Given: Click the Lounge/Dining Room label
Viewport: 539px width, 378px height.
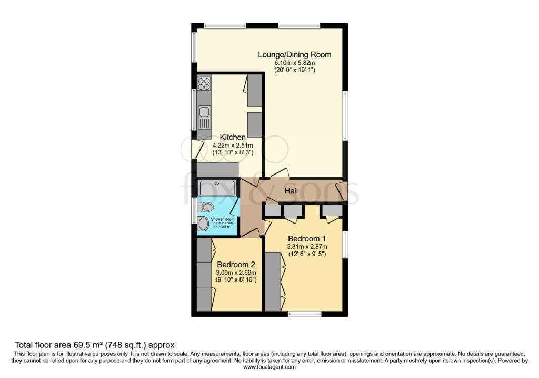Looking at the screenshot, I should tap(294, 54).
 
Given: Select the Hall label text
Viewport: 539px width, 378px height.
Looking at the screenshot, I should tap(292, 191).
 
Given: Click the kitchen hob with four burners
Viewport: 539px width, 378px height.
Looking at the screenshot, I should tap(204, 83).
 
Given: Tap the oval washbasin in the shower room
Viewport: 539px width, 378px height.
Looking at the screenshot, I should tap(203, 224).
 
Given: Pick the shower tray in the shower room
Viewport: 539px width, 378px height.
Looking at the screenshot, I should tap(217, 189).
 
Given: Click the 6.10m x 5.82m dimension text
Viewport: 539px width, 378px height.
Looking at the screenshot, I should tap(294, 62).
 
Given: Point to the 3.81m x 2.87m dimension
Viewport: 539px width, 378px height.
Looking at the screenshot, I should tap(307, 246).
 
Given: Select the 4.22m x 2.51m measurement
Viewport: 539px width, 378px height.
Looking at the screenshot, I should tap(233, 145).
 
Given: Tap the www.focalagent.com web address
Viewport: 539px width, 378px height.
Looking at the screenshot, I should tap(269, 367).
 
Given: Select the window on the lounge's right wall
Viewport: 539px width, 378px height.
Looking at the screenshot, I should tap(345, 115).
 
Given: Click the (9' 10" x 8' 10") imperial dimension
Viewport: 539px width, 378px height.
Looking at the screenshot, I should tap(236, 279).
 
